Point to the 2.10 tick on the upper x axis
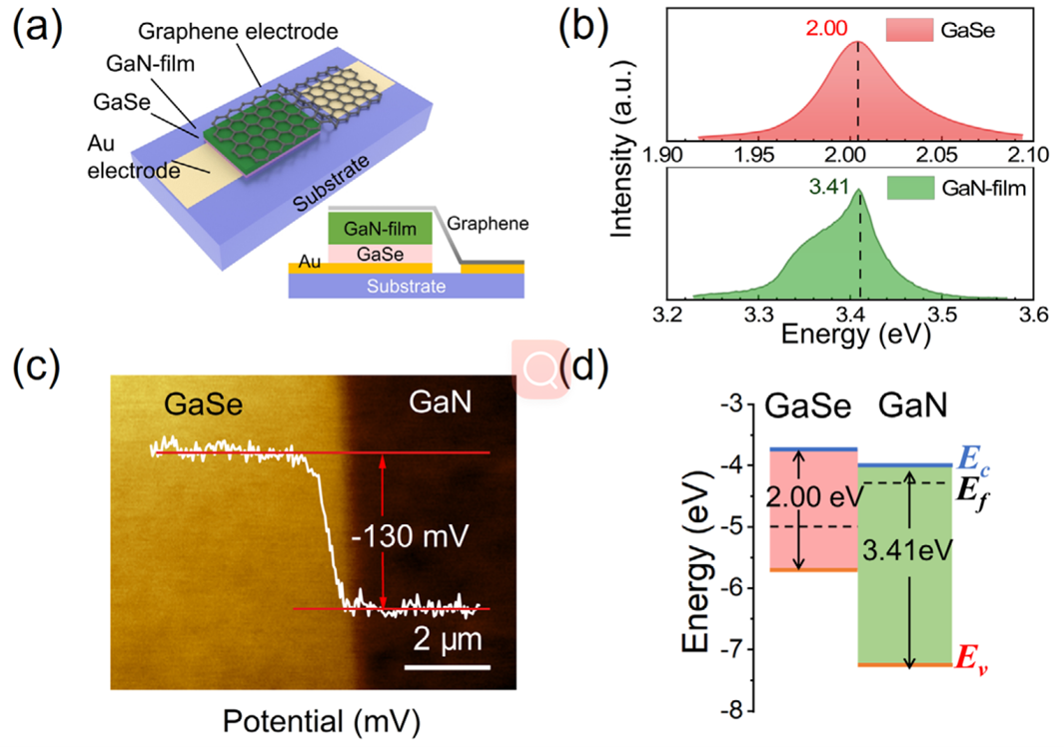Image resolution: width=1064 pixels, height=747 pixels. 1022,154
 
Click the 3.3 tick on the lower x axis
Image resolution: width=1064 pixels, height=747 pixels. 760,317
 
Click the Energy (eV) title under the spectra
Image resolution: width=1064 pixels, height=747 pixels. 850,338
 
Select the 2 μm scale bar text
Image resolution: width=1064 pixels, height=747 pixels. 450,637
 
